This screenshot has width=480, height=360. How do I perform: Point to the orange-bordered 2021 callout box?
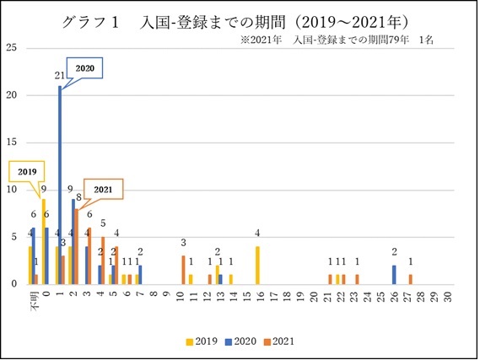102,189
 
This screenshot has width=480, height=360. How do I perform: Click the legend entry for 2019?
201,341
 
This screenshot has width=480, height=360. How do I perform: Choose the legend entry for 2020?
239,341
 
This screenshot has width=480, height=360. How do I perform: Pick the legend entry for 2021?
278,341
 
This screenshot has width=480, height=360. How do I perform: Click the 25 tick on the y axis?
12,47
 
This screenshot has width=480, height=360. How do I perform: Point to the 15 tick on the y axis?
12,142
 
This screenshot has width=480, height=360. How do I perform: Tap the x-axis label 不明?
32,302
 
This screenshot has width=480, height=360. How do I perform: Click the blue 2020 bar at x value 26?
393,274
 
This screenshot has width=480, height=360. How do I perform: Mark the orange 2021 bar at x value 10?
183,269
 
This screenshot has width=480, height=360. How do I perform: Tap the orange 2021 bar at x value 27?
411,278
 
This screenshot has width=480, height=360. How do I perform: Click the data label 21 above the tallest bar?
59,76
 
